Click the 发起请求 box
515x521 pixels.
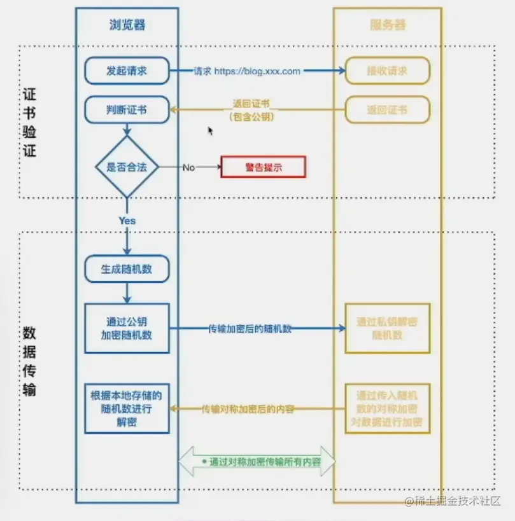pyautogui.click(x=127, y=71)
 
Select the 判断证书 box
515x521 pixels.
pyautogui.click(x=127, y=109)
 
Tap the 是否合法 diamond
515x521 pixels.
pyautogui.click(x=127, y=167)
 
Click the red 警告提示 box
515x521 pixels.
pyautogui.click(x=263, y=167)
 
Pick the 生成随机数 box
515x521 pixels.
pyautogui.click(x=127, y=270)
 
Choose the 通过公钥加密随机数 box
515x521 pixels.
pyautogui.click(x=127, y=328)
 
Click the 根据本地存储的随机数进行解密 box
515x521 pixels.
pyautogui.click(x=127, y=408)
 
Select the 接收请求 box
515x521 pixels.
pyautogui.click(x=387, y=71)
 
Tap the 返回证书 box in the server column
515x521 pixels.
pyautogui.click(x=387, y=109)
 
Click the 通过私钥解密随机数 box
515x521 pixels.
pyautogui.click(x=387, y=328)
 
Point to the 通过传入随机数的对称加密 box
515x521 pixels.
pyautogui.click(x=387, y=408)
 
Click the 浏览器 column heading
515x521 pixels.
pyautogui.click(x=127, y=25)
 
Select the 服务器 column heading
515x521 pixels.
pyautogui.click(x=387, y=25)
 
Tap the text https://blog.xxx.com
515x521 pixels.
pyautogui.click(x=257, y=71)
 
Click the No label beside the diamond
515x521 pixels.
pyautogui.click(x=188, y=167)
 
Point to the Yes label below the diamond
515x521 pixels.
pyautogui.click(x=127, y=220)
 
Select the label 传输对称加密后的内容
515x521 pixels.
pyautogui.click(x=248, y=409)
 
